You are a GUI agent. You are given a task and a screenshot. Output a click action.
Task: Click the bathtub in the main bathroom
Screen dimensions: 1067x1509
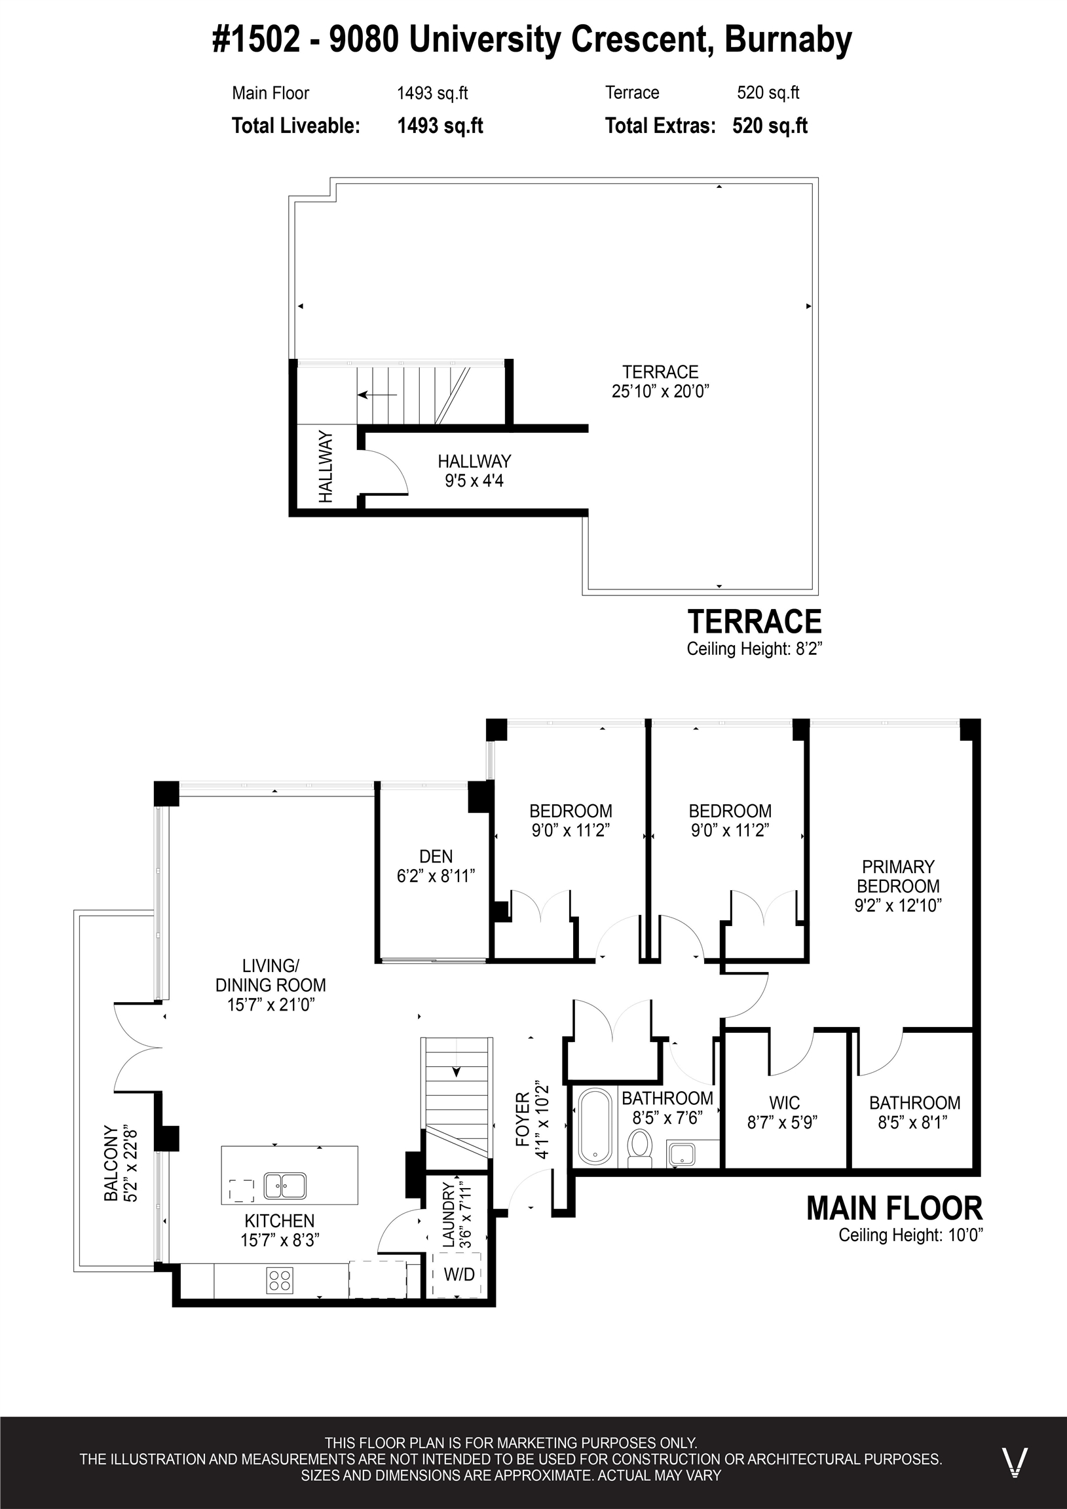click(x=595, y=1127)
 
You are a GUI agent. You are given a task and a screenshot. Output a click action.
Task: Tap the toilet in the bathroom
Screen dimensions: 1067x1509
click(x=640, y=1147)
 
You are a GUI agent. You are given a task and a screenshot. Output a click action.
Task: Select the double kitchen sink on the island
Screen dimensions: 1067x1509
click(x=285, y=1186)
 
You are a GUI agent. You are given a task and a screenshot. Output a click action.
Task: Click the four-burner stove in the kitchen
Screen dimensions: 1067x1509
click(x=280, y=1280)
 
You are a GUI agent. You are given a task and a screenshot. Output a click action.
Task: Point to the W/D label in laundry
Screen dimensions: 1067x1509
click(x=459, y=1275)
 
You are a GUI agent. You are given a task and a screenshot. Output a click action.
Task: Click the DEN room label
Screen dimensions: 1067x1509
click(x=436, y=857)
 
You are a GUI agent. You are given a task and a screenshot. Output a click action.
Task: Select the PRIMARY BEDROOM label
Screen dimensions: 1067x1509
click(x=898, y=876)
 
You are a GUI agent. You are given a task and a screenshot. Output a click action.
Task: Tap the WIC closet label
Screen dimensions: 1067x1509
click(x=784, y=1103)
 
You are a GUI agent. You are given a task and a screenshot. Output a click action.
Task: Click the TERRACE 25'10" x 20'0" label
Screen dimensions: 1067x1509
click(x=661, y=381)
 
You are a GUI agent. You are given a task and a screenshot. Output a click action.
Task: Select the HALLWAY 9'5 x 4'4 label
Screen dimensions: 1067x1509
click(x=475, y=470)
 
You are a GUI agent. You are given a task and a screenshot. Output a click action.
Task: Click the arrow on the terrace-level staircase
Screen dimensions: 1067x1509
click(x=377, y=395)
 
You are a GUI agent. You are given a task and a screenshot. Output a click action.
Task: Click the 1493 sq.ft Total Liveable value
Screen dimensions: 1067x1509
click(x=440, y=126)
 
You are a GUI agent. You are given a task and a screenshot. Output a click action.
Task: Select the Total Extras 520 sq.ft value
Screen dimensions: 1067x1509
click(x=770, y=126)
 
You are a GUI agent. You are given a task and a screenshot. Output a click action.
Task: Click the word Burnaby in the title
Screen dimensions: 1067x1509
click(x=788, y=41)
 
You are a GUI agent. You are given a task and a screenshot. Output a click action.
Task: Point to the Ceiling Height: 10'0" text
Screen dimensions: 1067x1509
click(x=910, y=1235)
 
